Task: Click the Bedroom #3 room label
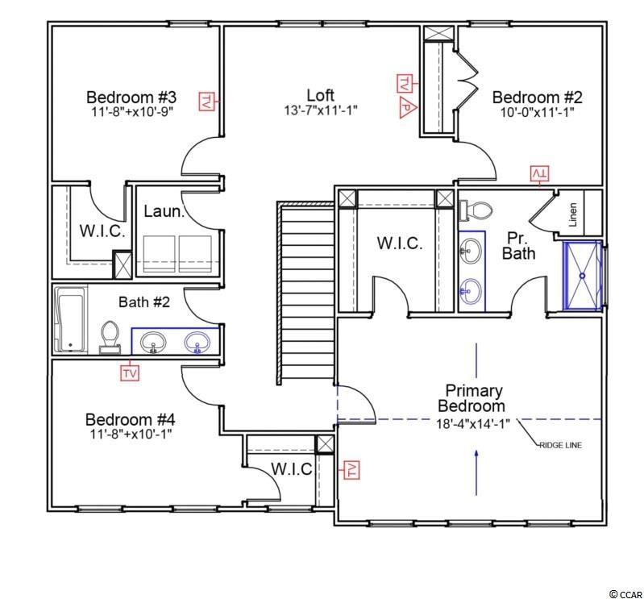click(131, 98)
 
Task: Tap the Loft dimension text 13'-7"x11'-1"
click(321, 110)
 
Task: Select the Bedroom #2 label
click(538, 98)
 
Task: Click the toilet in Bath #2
click(110, 337)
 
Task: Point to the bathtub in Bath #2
click(71, 319)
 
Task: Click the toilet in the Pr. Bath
click(476, 210)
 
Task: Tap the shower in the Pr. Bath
click(583, 275)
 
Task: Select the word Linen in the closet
click(573, 214)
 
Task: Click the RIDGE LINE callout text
click(561, 445)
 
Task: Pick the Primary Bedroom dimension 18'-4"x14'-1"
click(473, 423)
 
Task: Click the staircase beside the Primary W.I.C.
click(307, 293)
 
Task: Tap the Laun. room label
click(164, 211)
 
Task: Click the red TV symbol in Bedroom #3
click(207, 101)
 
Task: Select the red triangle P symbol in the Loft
click(407, 108)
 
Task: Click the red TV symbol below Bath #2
click(130, 373)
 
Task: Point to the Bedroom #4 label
click(131, 419)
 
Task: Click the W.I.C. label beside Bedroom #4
click(292, 468)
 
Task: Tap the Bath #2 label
click(144, 302)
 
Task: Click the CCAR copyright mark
click(626, 594)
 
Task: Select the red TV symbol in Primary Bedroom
click(351, 469)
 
